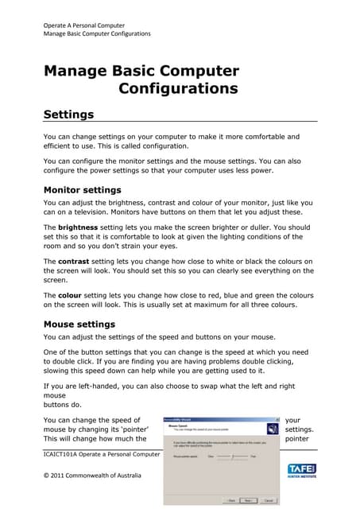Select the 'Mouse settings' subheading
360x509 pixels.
(79, 324)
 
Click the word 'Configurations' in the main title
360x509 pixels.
(178, 88)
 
